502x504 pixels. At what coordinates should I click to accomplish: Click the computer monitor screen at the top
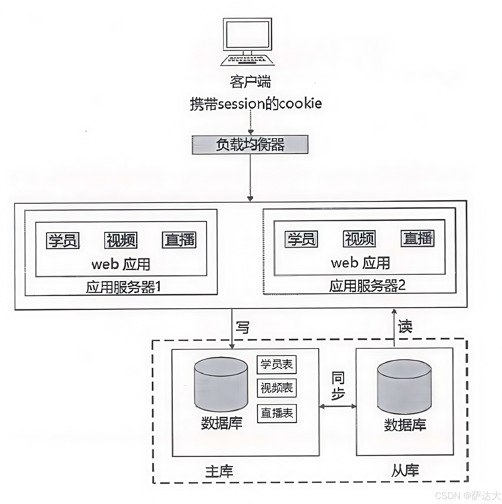[247, 34]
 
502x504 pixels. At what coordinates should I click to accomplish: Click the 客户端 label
[250, 82]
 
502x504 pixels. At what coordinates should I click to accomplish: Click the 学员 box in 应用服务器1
[63, 241]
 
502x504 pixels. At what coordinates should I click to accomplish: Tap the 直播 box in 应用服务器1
[179, 240]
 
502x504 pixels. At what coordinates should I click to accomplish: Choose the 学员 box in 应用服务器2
[301, 239]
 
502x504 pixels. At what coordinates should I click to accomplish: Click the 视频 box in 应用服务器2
[360, 239]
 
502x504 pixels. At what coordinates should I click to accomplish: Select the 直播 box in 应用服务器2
[417, 238]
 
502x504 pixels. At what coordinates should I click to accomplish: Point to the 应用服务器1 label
[123, 287]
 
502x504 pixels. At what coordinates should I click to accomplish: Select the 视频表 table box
[277, 388]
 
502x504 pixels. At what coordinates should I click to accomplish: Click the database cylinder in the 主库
[221, 385]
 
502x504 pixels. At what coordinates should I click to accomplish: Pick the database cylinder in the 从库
[404, 387]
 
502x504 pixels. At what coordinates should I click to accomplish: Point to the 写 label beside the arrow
[242, 328]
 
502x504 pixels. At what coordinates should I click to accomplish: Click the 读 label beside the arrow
[405, 326]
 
